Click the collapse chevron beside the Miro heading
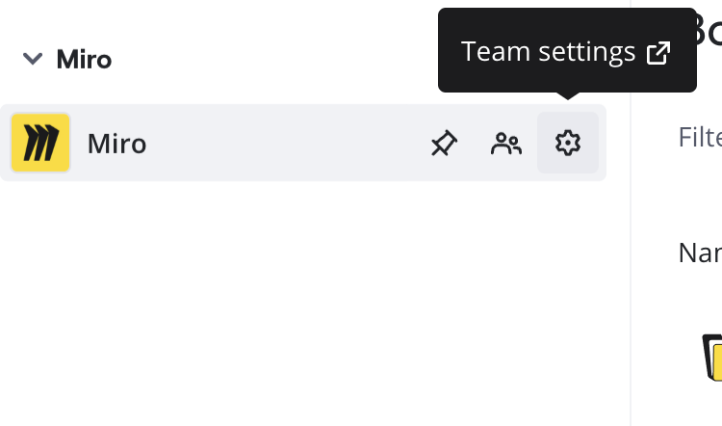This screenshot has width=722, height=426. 33,59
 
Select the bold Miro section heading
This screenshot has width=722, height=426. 84,59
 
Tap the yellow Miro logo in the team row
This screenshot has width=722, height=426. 40,143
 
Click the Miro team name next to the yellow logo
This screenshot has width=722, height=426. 116,144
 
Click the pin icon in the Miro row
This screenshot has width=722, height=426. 443,144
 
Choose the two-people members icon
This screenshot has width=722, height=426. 505,144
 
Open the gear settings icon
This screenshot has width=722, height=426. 568,144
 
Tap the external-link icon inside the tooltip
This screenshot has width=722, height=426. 658,52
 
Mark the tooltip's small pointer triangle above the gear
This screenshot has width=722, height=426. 568,95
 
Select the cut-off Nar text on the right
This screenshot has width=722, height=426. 700,253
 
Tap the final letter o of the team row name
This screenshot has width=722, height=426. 138,145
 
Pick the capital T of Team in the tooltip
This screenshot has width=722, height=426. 468,51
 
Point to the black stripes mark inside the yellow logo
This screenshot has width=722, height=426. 40,144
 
